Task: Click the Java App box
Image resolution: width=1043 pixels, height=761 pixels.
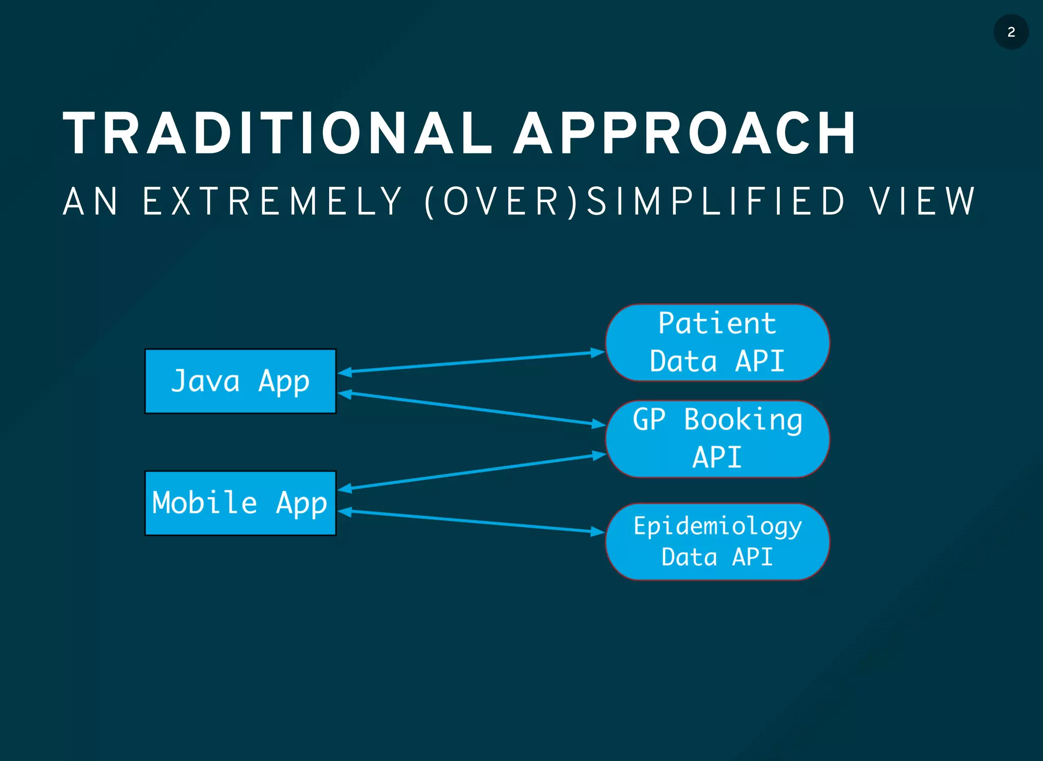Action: pos(240,381)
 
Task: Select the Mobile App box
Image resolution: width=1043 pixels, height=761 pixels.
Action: pos(240,503)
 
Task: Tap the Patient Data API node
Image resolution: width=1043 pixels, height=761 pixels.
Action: pos(717,342)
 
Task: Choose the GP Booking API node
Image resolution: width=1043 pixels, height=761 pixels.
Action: pos(717,439)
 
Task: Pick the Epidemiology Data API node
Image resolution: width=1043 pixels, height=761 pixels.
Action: pos(717,541)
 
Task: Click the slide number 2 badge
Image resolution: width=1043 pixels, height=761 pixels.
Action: pos(1011,32)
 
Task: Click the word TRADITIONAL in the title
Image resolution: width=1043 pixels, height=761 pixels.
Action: pos(278,133)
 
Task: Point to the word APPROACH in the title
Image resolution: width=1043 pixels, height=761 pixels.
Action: pos(685,133)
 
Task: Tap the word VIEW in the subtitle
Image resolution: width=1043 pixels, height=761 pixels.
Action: pos(922,202)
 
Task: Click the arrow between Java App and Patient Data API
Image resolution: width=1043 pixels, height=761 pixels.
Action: pos(471,362)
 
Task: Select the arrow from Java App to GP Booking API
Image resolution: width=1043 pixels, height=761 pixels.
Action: pos(471,409)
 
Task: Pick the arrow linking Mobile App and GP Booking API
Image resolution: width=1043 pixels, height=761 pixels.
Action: pos(471,472)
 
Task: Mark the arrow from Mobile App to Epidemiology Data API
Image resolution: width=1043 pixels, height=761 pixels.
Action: pos(471,522)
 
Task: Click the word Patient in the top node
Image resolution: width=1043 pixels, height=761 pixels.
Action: pos(717,323)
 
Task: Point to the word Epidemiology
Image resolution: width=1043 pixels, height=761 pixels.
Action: pos(717,526)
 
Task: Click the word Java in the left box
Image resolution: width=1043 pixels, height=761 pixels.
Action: pos(205,381)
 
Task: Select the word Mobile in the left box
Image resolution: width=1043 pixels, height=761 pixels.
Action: pos(204,503)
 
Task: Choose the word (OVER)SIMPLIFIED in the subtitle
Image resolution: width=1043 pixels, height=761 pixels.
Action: pos(634,202)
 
